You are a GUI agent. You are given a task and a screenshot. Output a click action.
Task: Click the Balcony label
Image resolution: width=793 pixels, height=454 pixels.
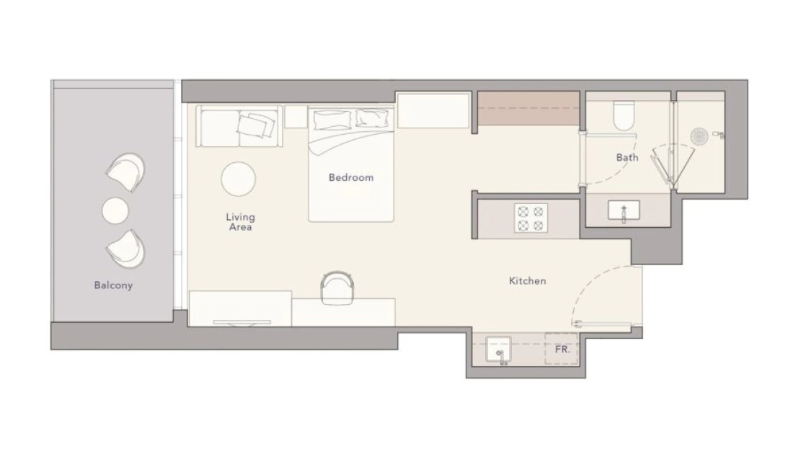pyautogui.click(x=113, y=285)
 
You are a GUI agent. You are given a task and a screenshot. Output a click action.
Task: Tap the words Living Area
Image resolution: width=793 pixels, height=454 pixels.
pyautogui.click(x=240, y=222)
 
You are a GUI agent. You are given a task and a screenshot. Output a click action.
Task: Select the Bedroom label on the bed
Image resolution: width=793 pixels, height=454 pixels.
pyautogui.click(x=351, y=177)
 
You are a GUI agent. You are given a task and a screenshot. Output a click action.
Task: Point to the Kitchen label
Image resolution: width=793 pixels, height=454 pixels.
pyautogui.click(x=528, y=281)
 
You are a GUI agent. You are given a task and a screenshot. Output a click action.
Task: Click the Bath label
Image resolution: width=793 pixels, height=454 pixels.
pyautogui.click(x=627, y=158)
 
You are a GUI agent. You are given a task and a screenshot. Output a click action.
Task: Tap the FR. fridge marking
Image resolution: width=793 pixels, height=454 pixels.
pyautogui.click(x=562, y=350)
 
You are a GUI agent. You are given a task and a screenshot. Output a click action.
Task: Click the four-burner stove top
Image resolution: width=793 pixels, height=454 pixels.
pyautogui.click(x=531, y=218)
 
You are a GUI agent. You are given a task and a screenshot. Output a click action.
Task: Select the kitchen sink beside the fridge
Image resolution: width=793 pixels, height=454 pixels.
pyautogui.click(x=498, y=350)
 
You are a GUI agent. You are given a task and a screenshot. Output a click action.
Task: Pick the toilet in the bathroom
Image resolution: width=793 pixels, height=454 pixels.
pyautogui.click(x=624, y=116)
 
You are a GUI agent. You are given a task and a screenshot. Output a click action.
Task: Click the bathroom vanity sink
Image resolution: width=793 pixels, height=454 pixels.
pyautogui.click(x=624, y=210)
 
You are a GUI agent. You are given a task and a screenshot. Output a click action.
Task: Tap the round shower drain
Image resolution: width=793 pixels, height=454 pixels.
pyautogui.click(x=699, y=136)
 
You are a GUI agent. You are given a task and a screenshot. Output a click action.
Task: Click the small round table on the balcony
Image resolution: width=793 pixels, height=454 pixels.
pyautogui.click(x=115, y=211)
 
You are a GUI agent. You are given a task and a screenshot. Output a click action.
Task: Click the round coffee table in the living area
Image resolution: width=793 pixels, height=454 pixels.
pyautogui.click(x=238, y=179)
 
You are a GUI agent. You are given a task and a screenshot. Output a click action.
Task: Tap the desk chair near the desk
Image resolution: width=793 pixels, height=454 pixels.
pyautogui.click(x=337, y=287)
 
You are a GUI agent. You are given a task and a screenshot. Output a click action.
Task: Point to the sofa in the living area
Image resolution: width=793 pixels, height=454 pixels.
pyautogui.click(x=239, y=126)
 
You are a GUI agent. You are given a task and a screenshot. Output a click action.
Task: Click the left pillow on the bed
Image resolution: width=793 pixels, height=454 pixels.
pyautogui.click(x=332, y=120)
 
